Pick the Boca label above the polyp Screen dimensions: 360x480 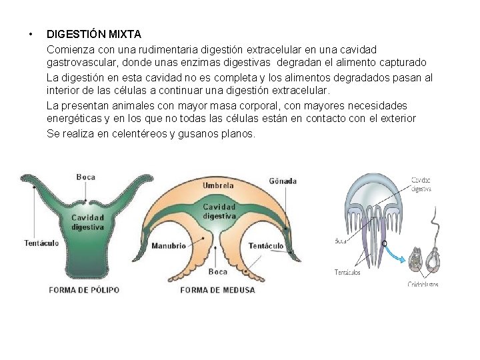(86, 177)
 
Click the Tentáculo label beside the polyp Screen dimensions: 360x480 (41, 243)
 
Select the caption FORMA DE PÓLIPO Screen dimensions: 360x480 (84, 290)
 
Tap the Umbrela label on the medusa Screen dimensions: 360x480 (219, 185)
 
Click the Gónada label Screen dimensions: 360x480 (283, 181)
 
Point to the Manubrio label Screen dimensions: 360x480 (169, 246)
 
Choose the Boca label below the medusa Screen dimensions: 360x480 (218, 271)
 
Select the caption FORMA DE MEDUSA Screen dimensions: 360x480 (217, 290)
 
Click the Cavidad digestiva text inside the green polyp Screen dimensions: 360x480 (87, 222)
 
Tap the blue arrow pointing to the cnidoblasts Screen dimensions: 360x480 (398, 254)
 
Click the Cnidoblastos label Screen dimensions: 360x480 (423, 284)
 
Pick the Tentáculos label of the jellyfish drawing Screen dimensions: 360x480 (347, 272)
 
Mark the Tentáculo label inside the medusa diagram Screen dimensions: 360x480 (266, 246)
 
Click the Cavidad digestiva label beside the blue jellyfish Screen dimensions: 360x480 (421, 184)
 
